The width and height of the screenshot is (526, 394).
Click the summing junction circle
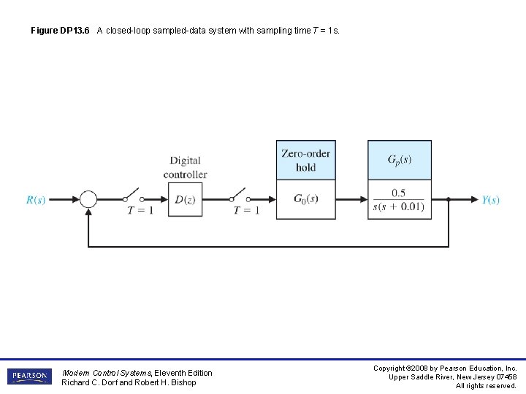click(x=88, y=199)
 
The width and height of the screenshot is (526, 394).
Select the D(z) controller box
click(x=185, y=199)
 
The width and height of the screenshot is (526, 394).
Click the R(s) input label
click(x=36, y=200)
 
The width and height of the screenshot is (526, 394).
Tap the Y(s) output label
click(x=491, y=200)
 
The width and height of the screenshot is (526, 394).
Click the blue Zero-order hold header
click(x=305, y=161)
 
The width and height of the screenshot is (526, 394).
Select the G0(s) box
click(x=305, y=199)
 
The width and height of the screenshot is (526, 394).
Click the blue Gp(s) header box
click(x=399, y=161)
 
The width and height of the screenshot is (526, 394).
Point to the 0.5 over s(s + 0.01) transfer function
click(x=399, y=200)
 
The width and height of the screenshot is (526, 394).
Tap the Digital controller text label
click(x=185, y=167)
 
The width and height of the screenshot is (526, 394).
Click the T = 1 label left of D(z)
click(x=140, y=211)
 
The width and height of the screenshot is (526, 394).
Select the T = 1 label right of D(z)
click(x=246, y=211)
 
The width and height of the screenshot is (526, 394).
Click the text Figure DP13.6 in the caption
click(x=60, y=31)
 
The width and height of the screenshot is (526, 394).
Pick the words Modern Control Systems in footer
click(x=106, y=373)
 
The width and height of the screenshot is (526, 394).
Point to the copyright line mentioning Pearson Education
click(x=445, y=368)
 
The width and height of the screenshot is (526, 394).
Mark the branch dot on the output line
click(x=448, y=199)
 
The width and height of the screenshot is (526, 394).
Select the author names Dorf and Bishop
click(x=129, y=382)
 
